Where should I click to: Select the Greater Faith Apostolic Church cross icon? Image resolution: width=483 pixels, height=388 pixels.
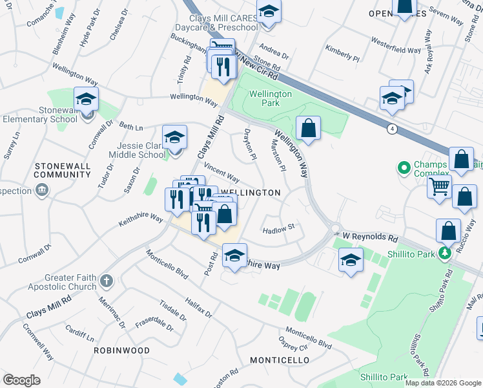tap(107, 281)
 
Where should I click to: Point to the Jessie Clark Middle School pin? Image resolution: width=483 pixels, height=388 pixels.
tap(174, 138)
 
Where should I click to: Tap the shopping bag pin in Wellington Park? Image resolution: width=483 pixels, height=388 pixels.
tap(309, 128)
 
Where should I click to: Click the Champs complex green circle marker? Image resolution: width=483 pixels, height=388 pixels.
tap(404, 169)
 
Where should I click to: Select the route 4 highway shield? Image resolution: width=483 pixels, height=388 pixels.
tap(392, 129)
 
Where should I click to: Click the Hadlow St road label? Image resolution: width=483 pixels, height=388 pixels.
tap(279, 228)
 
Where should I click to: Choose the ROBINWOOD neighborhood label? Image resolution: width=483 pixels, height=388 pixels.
tap(121, 350)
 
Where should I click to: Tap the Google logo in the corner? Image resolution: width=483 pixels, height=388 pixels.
tap(21, 380)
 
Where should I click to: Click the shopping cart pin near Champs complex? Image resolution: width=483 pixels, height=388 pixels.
tap(439, 187)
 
